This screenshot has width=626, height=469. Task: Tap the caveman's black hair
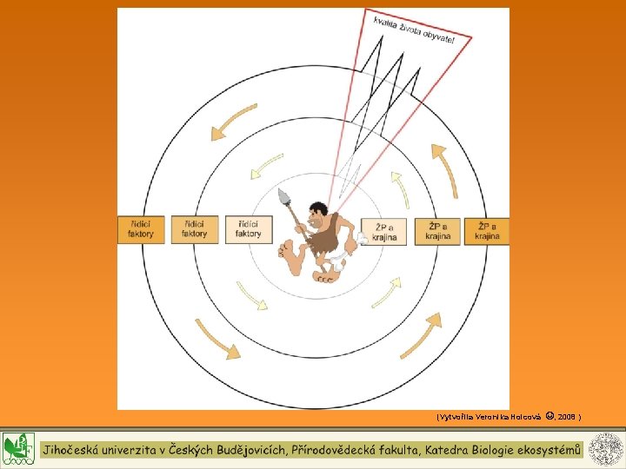tap(320, 209)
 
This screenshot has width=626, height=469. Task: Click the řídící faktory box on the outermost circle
tap(140, 229)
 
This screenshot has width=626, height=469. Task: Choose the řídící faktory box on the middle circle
tap(195, 229)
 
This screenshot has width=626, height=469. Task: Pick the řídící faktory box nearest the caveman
tap(248, 229)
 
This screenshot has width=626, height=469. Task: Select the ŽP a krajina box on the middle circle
tap(436, 231)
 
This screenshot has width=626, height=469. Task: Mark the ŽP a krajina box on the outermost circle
tap(487, 231)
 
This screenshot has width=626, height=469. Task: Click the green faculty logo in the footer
tap(17, 449)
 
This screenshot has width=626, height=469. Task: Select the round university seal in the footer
tap(605, 449)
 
